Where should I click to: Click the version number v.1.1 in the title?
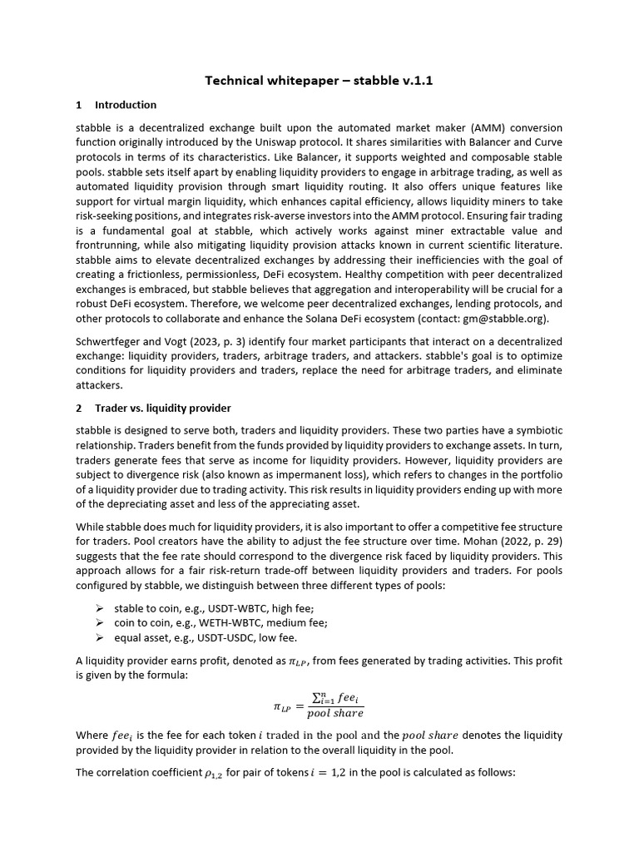coord(416,81)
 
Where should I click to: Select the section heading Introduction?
coord(125,105)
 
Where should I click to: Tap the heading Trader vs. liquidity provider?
coord(162,409)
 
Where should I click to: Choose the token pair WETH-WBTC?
coord(222,622)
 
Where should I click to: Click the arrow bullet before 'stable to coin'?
coord(98,608)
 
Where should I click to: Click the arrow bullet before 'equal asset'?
coord(98,637)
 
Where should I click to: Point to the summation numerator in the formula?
coord(334,699)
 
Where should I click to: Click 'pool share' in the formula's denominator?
coord(334,714)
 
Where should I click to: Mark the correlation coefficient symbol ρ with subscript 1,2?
coord(214,773)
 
